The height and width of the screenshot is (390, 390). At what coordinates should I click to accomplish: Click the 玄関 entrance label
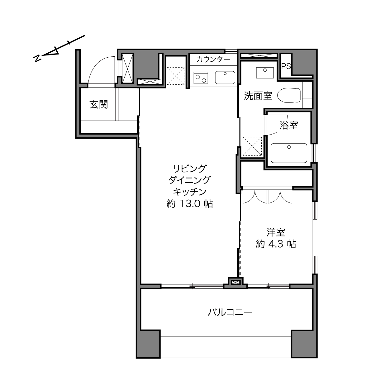tap(98, 105)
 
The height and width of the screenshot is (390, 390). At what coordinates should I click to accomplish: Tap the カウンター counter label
tap(213, 59)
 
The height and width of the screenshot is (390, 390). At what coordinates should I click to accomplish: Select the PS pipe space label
tap(286, 66)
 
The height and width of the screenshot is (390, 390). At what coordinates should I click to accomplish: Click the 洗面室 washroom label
tap(258, 96)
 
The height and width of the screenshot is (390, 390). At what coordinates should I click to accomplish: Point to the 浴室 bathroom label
tap(288, 125)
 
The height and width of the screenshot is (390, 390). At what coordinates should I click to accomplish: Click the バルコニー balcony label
tap(230, 312)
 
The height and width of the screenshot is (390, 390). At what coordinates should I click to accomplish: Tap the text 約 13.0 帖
tap(190, 204)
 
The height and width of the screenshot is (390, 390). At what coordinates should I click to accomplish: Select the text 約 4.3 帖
tap(276, 244)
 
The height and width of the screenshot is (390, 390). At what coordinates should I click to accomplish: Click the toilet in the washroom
tap(289, 95)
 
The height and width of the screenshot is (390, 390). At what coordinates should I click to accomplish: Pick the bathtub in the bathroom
tap(289, 153)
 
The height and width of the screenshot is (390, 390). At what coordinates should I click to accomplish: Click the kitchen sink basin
tap(225, 77)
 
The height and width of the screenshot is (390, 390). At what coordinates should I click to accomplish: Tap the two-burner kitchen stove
tap(201, 78)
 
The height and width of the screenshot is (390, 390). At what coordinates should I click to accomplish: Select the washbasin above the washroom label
tap(265, 73)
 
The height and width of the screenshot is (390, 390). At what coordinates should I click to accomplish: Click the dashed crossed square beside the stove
tap(175, 76)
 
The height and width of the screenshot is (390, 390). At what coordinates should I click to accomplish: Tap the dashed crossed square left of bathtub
tap(252, 146)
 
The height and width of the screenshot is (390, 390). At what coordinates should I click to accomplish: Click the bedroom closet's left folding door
tap(255, 196)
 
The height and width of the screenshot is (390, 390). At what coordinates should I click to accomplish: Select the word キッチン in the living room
tap(190, 192)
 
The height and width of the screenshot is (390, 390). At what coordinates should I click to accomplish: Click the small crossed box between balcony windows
tap(235, 282)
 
